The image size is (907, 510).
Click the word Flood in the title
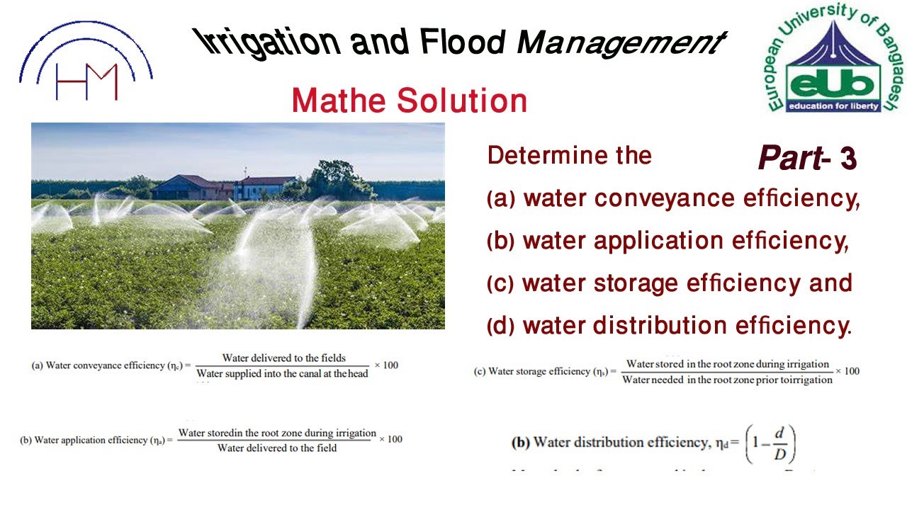click(x=461, y=42)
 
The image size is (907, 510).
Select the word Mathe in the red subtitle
click(x=332, y=101)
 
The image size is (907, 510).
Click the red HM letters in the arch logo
click(x=86, y=81)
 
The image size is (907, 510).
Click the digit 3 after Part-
click(x=848, y=159)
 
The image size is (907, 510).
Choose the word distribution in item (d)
click(x=659, y=326)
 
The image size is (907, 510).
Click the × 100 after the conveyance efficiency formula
click(x=386, y=365)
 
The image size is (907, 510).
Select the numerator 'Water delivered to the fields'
click(x=284, y=358)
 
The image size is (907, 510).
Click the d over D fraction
click(x=779, y=443)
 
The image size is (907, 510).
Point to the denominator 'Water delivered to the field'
click(x=277, y=448)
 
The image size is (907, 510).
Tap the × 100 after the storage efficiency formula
click(x=847, y=371)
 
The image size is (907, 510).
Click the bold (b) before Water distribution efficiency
click(x=520, y=443)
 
